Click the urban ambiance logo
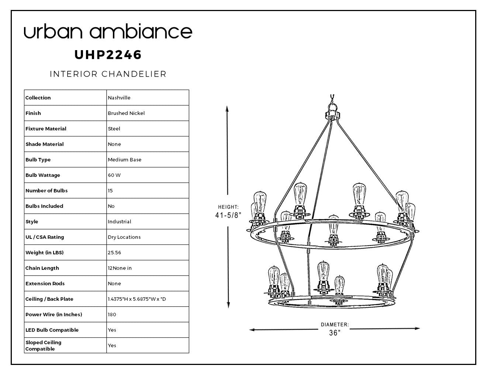pyautogui.click(x=108, y=31)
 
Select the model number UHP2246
pyautogui.click(x=108, y=55)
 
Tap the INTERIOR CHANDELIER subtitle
pyautogui.click(x=108, y=74)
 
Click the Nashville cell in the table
pyautogui.click(x=119, y=98)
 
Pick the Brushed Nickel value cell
pyautogui.click(x=126, y=113)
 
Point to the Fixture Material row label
pyautogui.click(x=46, y=129)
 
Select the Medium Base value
pyautogui.click(x=125, y=160)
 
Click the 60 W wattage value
pyautogui.click(x=114, y=175)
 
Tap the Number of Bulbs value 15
pyautogui.click(x=110, y=191)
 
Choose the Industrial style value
pyautogui.click(x=120, y=222)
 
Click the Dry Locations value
pyautogui.click(x=124, y=237)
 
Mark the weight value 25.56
pyautogui.click(x=114, y=253)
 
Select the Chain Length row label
pyautogui.click(x=42, y=268)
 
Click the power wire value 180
pyautogui.click(x=112, y=314)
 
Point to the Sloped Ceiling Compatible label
pyautogui.click(x=43, y=345)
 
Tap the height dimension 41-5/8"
pyautogui.click(x=228, y=215)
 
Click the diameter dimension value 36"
pyautogui.click(x=335, y=333)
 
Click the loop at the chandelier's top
pyautogui.click(x=333, y=107)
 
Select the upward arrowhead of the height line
pyautogui.click(x=227, y=109)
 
